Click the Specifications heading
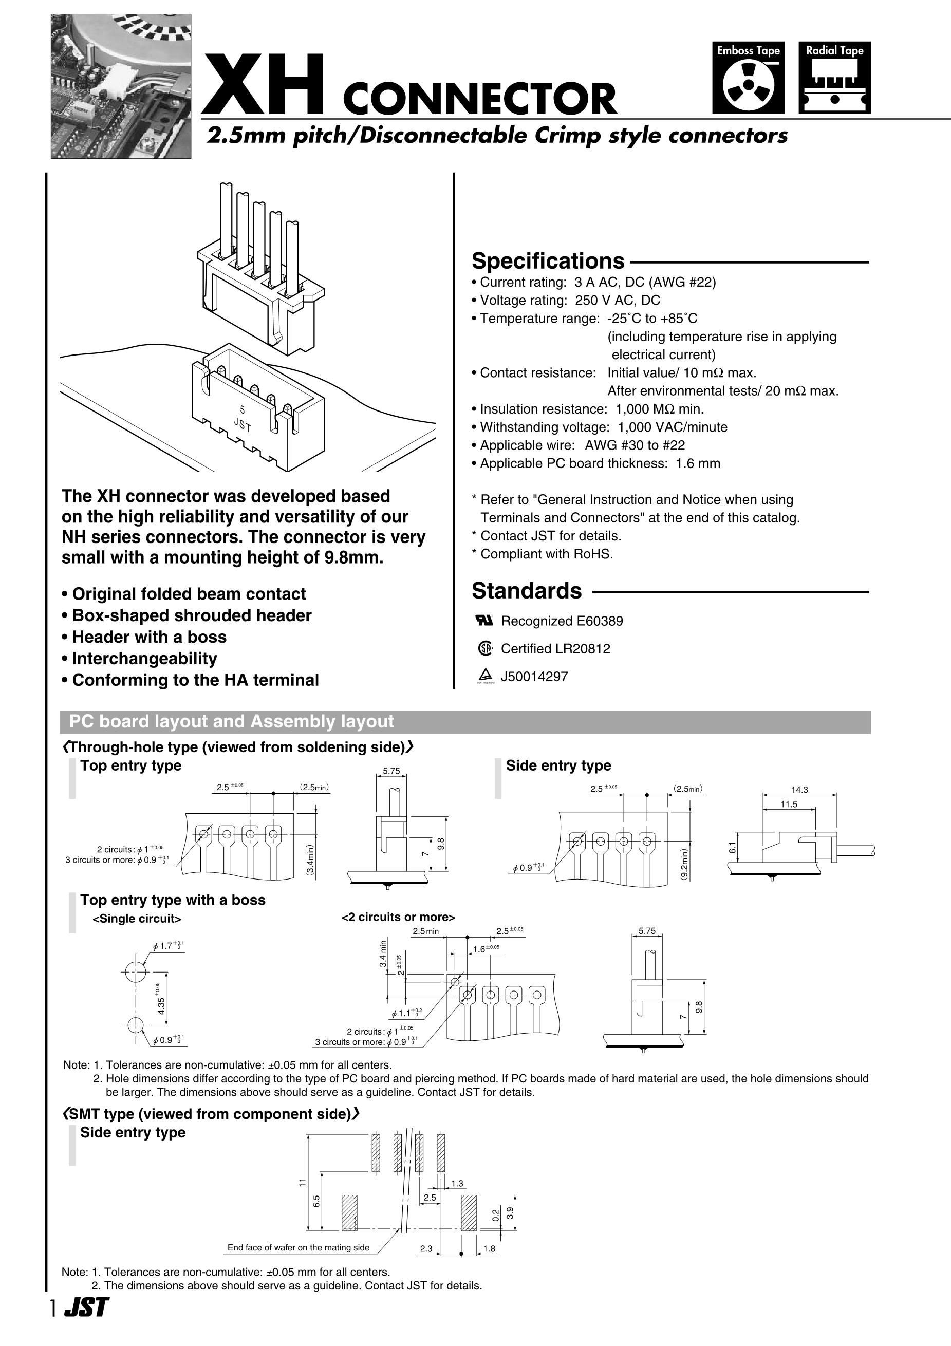pyautogui.click(x=548, y=261)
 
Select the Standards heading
pyautogui.click(x=527, y=591)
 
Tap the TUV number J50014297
pyautogui.click(x=534, y=677)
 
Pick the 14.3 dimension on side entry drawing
pyautogui.click(x=799, y=790)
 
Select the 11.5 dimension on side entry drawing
pyautogui.click(x=789, y=805)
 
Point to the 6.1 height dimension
pyautogui.click(x=732, y=848)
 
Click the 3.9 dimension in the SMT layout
pyautogui.click(x=510, y=1213)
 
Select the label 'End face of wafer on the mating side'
pyautogui.click(x=299, y=1247)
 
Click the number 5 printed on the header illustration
pyautogui.click(x=242, y=410)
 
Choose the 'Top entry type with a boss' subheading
pyautogui.click(x=173, y=900)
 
